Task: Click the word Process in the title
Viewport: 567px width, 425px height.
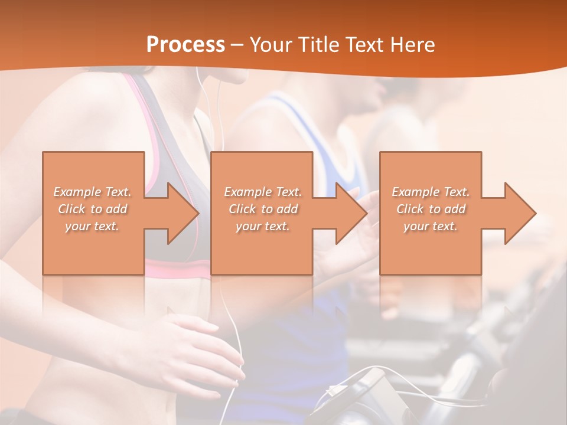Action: (185, 45)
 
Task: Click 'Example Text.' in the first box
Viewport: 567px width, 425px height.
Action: (92, 192)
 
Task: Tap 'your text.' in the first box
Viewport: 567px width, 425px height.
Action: (92, 226)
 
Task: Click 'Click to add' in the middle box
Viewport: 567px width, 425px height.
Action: (263, 209)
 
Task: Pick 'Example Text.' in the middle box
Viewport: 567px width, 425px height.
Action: (263, 192)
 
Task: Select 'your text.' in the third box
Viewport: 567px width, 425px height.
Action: (430, 226)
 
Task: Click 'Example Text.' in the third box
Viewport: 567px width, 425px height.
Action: (431, 192)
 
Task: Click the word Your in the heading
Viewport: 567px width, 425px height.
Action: (269, 45)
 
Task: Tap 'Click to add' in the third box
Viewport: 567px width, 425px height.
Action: (431, 209)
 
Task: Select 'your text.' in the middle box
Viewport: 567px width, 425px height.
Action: (262, 226)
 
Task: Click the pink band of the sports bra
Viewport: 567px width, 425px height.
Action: (177, 270)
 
